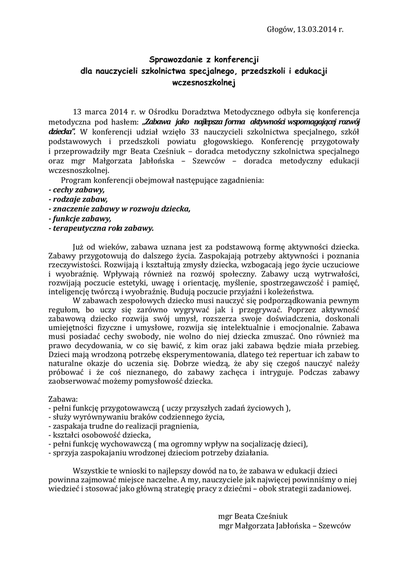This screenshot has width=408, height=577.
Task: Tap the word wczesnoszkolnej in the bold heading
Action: tap(204, 82)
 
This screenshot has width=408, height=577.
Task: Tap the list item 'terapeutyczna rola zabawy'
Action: tap(101, 228)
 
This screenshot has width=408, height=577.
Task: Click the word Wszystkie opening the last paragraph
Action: tap(95, 471)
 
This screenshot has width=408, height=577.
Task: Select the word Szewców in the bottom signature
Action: tap(335, 526)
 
